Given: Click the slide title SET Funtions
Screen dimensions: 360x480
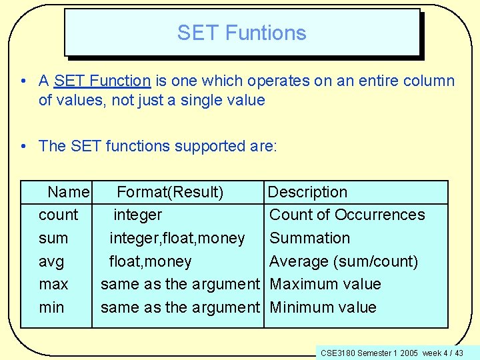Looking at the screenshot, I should tap(241, 33).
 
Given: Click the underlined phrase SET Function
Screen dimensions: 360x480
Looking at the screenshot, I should tap(103, 81).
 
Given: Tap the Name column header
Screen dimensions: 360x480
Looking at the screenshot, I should tap(68, 193).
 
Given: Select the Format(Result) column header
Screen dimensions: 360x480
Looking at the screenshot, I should tap(170, 193).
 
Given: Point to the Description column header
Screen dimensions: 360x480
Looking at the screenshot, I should tap(307, 193).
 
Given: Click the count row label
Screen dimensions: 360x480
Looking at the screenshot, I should tap(59, 215).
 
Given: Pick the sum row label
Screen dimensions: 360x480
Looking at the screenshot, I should tap(53, 238).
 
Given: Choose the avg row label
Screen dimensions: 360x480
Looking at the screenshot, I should tap(52, 261).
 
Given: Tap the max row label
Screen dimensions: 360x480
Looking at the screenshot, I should tap(53, 284).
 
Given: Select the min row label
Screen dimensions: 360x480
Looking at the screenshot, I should tap(52, 307).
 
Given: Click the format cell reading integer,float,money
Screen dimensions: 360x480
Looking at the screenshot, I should tap(177, 238).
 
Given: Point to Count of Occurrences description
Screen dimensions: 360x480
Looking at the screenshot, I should tap(347, 215).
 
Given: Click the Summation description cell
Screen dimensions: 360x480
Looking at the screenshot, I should tap(309, 238).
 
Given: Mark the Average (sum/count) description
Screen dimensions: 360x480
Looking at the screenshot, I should tap(343, 261).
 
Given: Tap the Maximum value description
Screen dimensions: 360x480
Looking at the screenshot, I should tap(325, 284).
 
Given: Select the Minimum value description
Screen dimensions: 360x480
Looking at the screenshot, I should tap(323, 307).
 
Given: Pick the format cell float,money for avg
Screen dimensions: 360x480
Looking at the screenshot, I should tap(151, 261).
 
